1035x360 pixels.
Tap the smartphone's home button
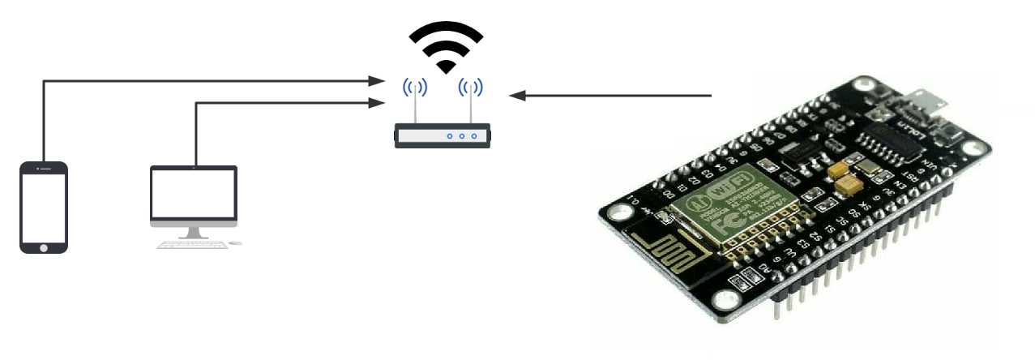(x=44, y=246)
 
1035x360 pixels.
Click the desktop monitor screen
(x=194, y=194)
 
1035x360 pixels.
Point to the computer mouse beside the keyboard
(x=234, y=243)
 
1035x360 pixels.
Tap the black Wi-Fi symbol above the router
(x=446, y=45)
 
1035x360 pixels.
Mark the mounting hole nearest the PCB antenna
(x=620, y=212)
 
